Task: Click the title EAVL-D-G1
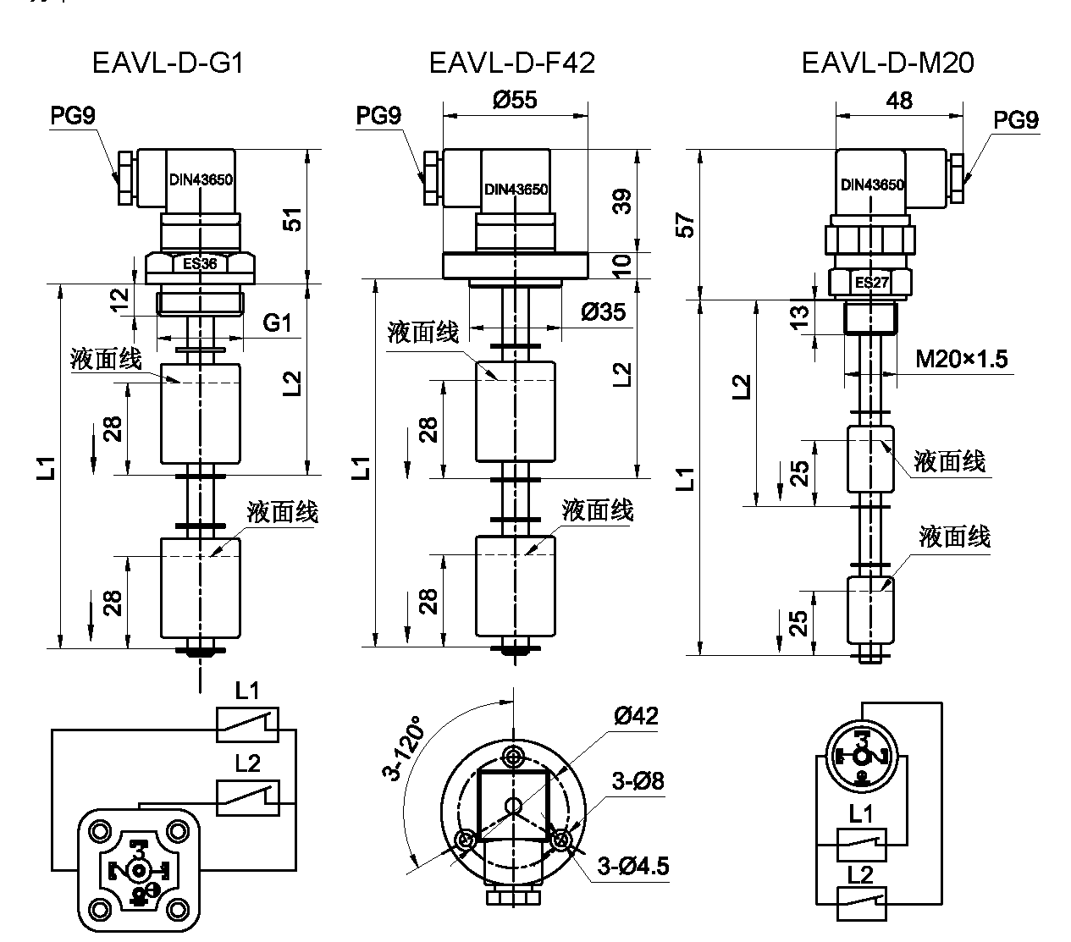pos(168,63)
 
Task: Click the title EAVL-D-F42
pos(511,63)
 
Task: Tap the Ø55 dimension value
pos(514,100)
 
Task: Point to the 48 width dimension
pos(899,100)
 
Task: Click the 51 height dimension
pos(292,218)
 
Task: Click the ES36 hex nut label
pos(200,263)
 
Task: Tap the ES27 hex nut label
pos(871,282)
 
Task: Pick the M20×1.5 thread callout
pos(962,360)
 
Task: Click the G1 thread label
pos(277,322)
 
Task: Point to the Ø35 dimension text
pos(603,312)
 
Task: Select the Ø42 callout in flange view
pos(635,717)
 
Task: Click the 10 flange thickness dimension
pos(622,265)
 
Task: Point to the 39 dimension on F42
pos(622,201)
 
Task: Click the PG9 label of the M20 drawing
pos(1015,121)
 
